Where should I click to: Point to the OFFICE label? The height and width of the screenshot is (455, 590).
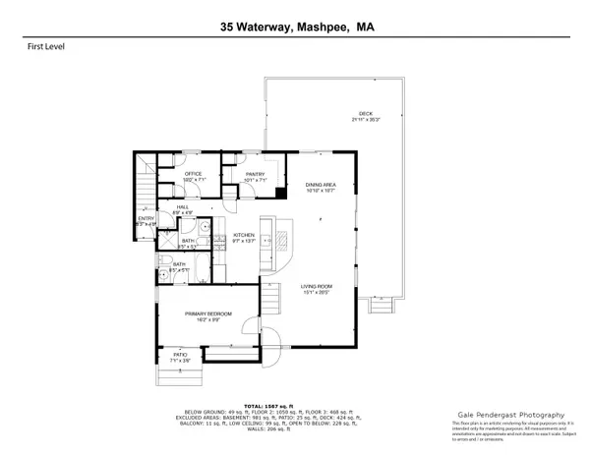point(193,174)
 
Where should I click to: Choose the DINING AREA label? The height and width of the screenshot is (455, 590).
point(322,185)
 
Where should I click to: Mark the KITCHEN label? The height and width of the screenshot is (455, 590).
point(244,236)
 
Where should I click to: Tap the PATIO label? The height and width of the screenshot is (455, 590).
point(180,355)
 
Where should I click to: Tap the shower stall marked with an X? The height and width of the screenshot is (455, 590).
point(190,242)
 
